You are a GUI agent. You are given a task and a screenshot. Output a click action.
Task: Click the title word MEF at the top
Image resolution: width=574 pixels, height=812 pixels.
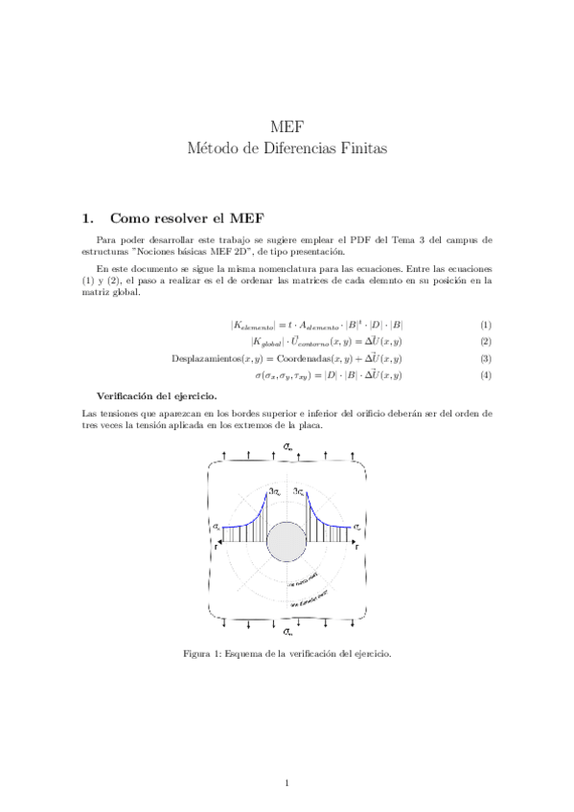click(x=287, y=127)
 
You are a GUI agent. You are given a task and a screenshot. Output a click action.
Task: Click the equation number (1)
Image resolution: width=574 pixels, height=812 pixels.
click(x=486, y=325)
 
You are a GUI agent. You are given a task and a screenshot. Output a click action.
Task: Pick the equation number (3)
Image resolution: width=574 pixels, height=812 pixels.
click(x=486, y=358)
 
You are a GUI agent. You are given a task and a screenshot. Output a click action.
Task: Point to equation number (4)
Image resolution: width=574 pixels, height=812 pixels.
click(x=486, y=374)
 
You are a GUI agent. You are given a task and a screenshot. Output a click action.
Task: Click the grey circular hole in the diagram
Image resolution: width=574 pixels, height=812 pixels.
click(x=286, y=542)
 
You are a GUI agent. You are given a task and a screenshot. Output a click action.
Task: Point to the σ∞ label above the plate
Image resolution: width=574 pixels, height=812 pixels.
click(x=287, y=447)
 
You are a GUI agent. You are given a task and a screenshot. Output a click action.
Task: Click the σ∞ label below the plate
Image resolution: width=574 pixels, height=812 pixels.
click(x=287, y=632)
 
